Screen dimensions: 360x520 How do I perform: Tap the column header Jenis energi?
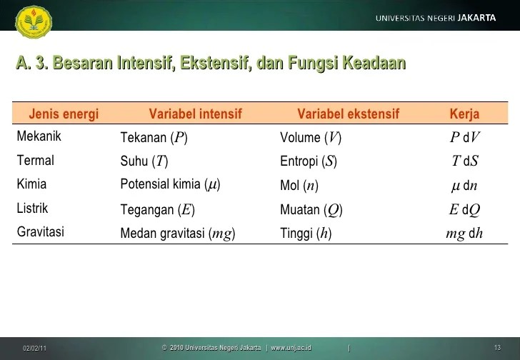click(x=64, y=114)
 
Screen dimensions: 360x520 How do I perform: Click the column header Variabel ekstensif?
click(x=348, y=114)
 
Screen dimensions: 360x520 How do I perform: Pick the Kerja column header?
click(x=464, y=114)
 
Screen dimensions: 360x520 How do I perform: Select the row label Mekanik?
click(x=39, y=137)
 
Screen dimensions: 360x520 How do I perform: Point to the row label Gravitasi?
click(x=41, y=232)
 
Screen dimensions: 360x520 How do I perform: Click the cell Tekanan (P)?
click(x=154, y=138)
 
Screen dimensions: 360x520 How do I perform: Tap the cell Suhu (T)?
click(x=144, y=161)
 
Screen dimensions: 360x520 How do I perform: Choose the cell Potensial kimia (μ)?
click(x=170, y=185)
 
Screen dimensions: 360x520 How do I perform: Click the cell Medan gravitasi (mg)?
click(x=178, y=233)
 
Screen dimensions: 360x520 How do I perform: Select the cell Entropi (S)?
click(x=309, y=161)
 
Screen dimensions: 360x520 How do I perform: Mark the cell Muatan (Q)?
click(x=311, y=209)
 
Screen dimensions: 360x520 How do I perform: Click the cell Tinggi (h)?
click(x=306, y=233)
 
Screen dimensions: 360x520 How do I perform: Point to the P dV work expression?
click(x=464, y=138)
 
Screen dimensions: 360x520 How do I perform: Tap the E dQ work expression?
click(x=464, y=209)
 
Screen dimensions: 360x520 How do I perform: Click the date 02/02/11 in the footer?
click(x=34, y=348)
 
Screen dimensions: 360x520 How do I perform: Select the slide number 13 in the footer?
click(x=497, y=348)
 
